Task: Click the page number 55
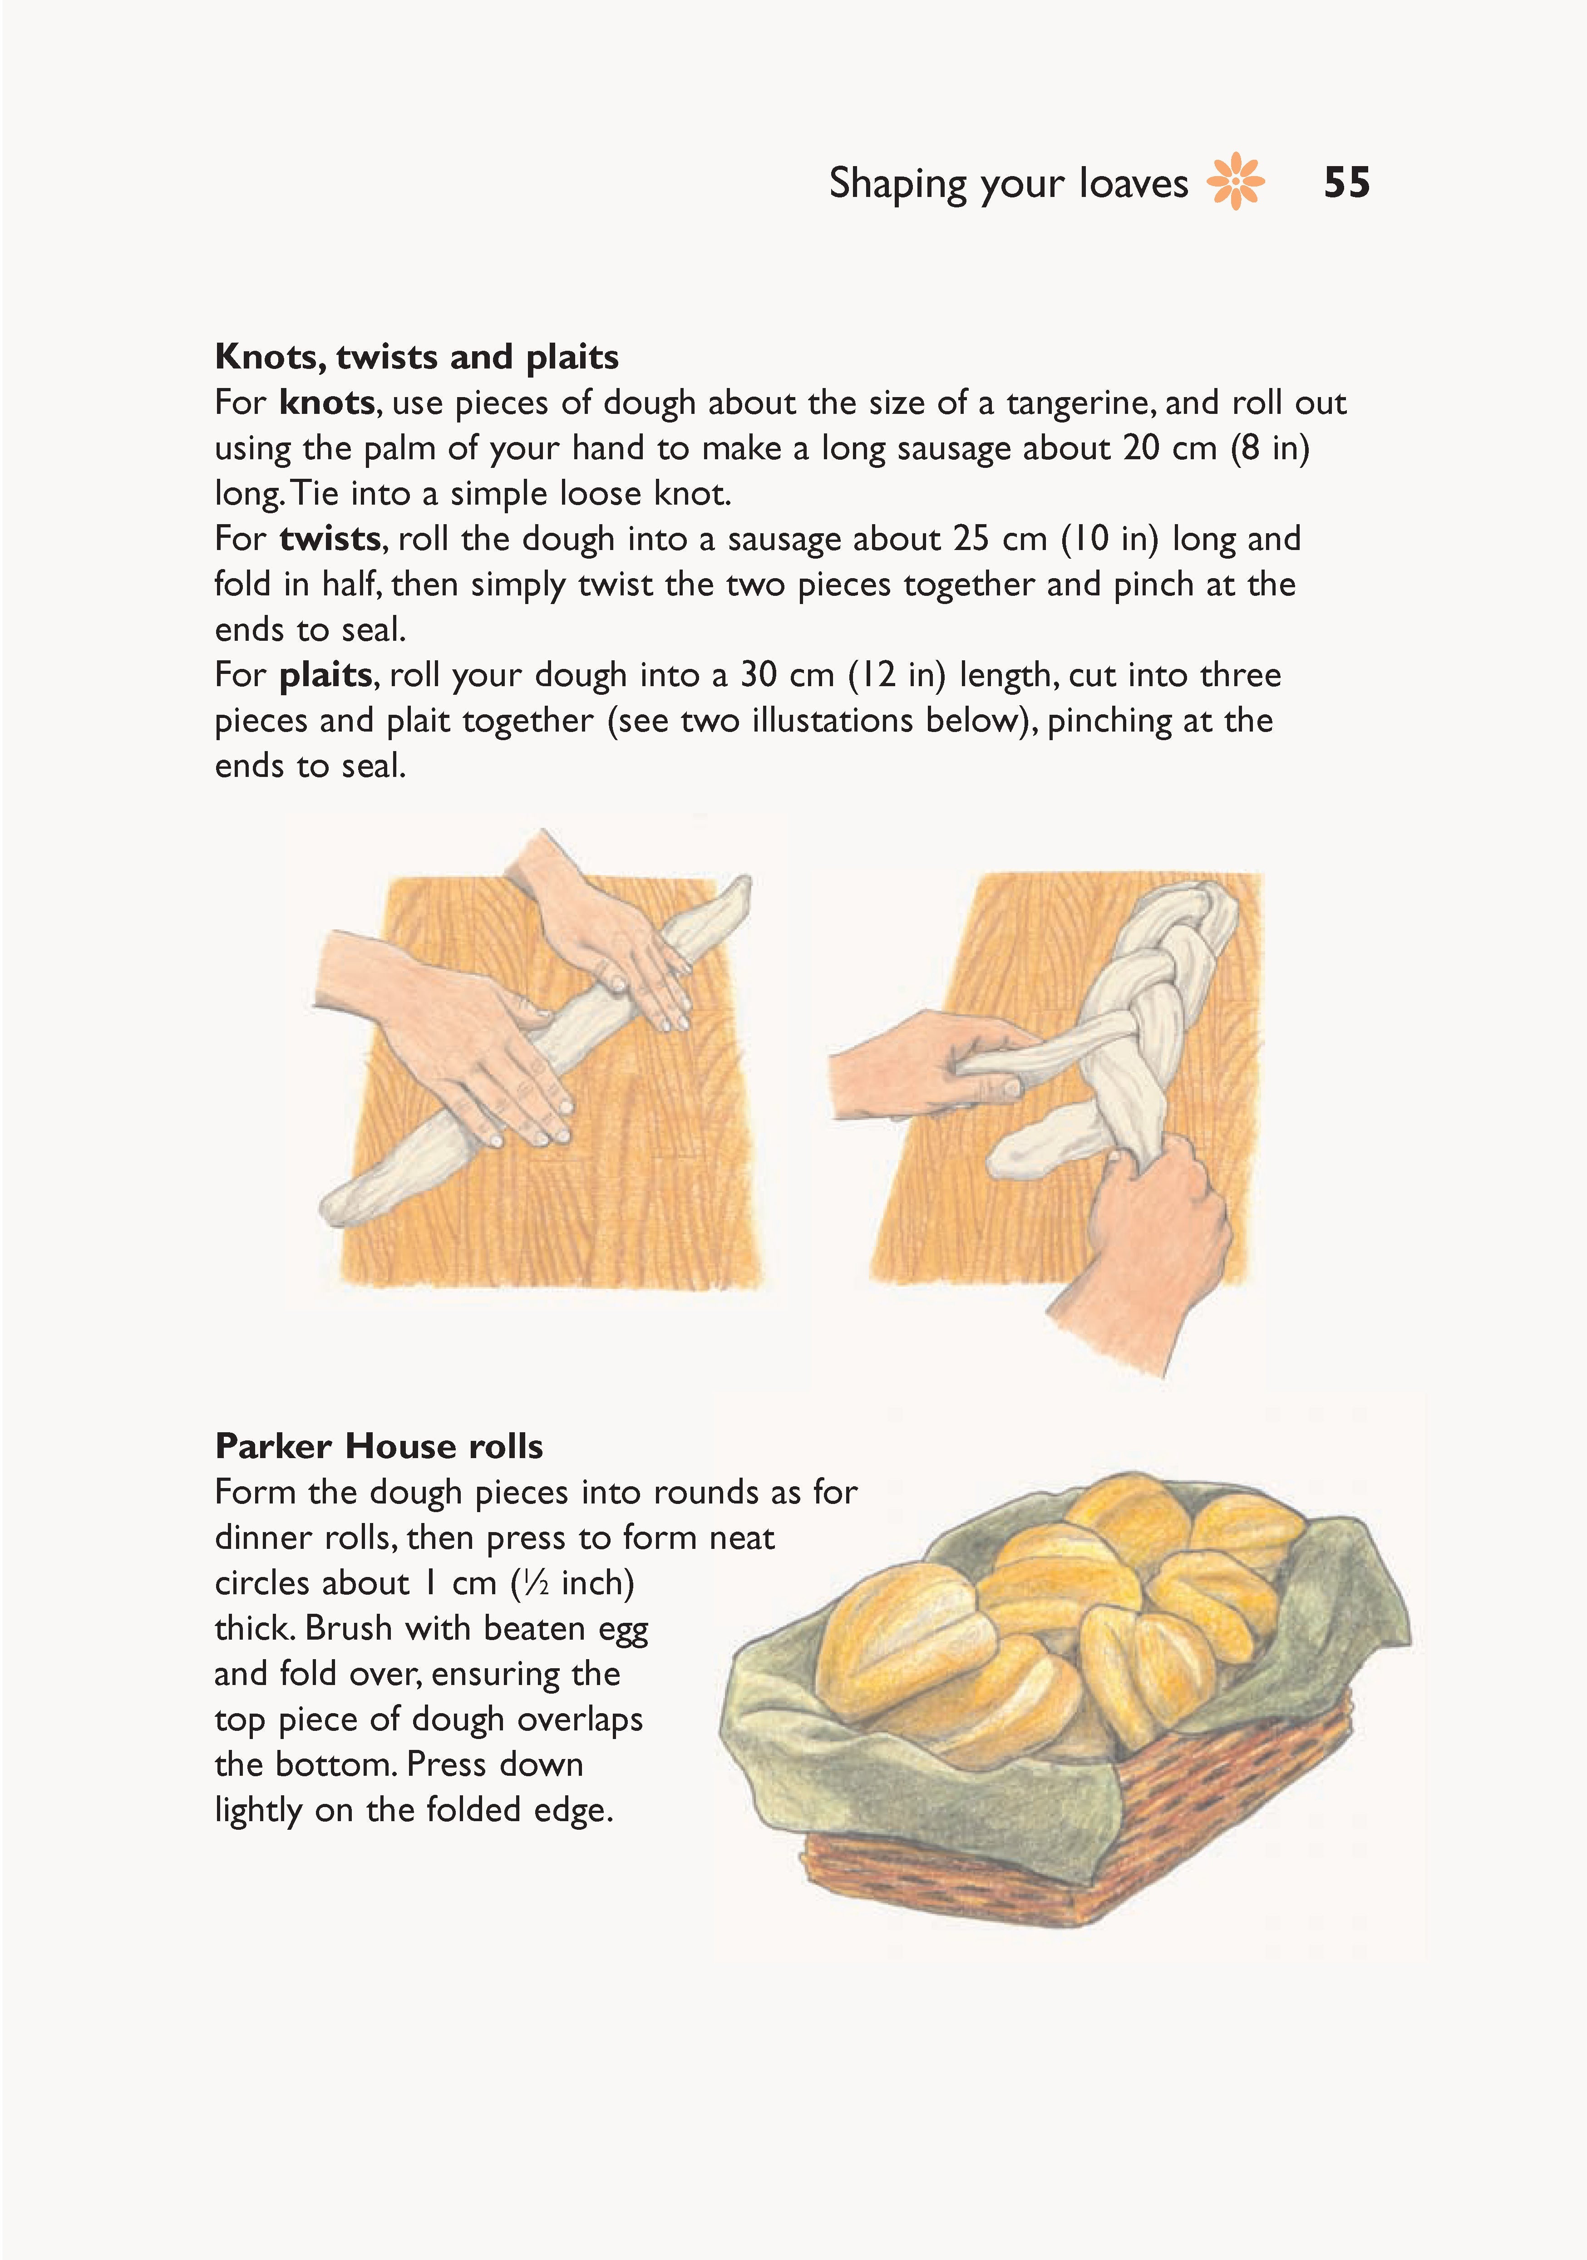1346,183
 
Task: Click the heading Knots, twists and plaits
416,356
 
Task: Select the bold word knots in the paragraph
326,403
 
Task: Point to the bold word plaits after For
325,675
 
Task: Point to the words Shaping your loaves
1008,183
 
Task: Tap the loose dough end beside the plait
1034,1142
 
